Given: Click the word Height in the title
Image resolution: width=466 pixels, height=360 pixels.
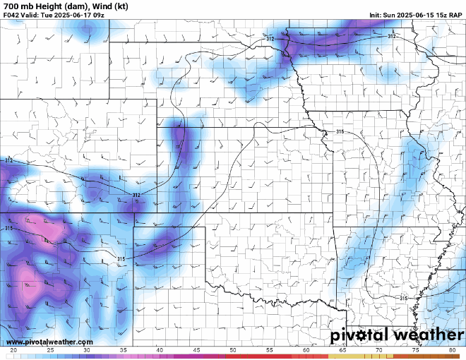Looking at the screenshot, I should (49, 6).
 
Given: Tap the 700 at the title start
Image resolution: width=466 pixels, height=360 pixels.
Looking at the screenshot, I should (11, 6).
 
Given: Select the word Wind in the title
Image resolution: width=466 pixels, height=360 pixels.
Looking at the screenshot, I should (105, 6).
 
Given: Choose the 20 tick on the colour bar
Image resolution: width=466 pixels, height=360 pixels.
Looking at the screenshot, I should (13, 350).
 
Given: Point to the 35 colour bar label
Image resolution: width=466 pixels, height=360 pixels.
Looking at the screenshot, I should (123, 350).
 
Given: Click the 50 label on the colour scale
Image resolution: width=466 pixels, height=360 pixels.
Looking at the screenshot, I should (232, 350).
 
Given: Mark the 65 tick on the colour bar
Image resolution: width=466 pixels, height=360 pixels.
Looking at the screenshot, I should (342, 350).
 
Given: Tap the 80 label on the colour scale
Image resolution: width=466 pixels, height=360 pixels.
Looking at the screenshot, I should (452, 350).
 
